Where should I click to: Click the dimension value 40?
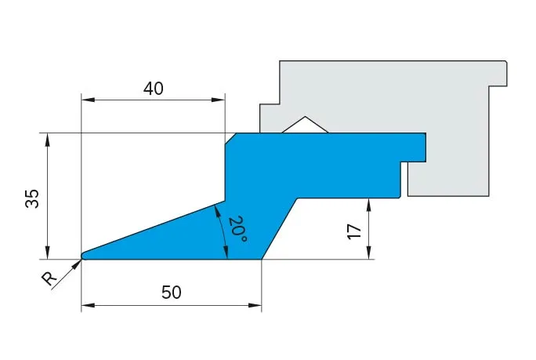pos(153,89)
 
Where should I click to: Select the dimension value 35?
pos(32,198)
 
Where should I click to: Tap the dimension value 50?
pos(172,293)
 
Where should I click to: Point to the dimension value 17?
pos(354,231)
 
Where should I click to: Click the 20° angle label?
pos(237,229)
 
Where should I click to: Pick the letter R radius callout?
pos(49,278)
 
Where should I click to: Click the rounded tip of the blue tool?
pos(84,256)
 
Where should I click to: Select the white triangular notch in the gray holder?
pos(305,125)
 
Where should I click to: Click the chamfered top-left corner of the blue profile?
pos(230,139)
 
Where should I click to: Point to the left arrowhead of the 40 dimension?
pos(88,100)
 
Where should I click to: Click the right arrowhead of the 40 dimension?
pos(218,100)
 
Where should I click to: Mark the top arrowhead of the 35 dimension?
pos(48,140)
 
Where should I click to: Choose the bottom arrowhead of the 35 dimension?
pos(48,253)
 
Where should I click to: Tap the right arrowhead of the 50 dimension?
pos(255,305)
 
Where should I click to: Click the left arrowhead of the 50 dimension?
pos(88,305)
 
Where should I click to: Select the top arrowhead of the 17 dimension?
pos(368,205)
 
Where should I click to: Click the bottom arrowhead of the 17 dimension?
pos(368,253)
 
